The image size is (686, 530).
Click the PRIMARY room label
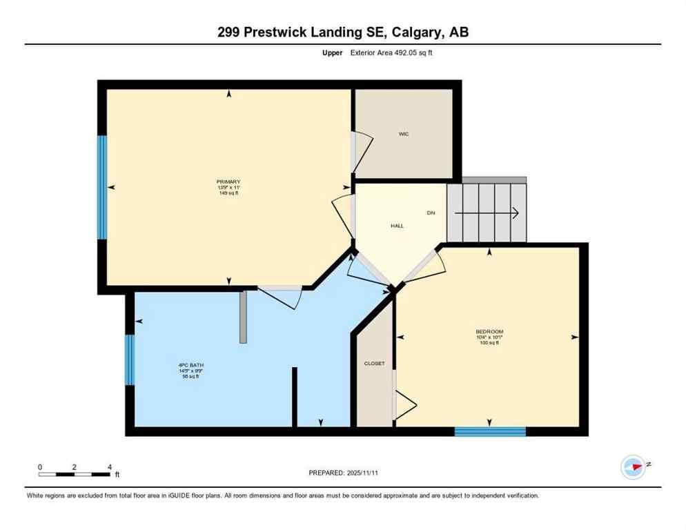point(228,181)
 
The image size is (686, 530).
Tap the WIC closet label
point(404,134)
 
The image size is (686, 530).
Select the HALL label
point(397,226)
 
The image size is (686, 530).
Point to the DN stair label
point(431,213)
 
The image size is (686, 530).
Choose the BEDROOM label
point(489,331)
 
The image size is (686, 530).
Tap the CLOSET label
point(374,363)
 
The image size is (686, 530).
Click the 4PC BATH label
point(191,365)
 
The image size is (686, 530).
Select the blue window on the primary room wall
point(102,187)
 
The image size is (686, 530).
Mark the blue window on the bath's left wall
point(130,360)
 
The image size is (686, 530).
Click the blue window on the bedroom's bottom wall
point(490,431)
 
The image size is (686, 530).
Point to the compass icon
point(633,467)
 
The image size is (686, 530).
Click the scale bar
point(75,474)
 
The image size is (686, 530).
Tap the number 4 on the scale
point(110,467)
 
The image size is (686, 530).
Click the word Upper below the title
point(333,52)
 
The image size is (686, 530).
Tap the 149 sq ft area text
point(228,193)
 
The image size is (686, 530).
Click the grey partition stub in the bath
point(243,317)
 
